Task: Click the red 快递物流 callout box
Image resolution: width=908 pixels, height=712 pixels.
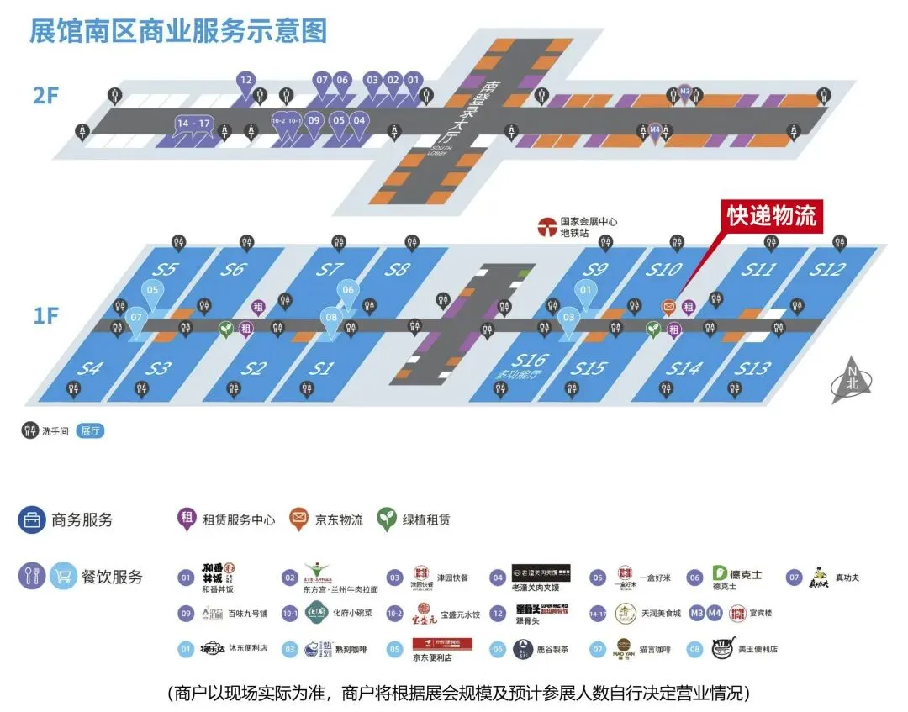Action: pyautogui.click(x=772, y=215)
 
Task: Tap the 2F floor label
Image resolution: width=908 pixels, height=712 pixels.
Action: pyautogui.click(x=46, y=95)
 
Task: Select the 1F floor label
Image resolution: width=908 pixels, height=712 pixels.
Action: pyautogui.click(x=46, y=315)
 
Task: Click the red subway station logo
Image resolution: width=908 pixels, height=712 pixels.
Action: pyautogui.click(x=547, y=226)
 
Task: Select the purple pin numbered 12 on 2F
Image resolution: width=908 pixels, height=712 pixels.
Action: pyautogui.click(x=245, y=82)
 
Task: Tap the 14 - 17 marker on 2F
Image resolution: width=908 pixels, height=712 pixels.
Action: pyautogui.click(x=193, y=124)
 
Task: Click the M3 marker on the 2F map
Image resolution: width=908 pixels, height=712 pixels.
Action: pyautogui.click(x=684, y=91)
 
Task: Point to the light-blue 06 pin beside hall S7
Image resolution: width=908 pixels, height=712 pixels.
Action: pyautogui.click(x=348, y=291)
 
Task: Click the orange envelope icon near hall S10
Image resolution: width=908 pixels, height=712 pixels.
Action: pyautogui.click(x=669, y=307)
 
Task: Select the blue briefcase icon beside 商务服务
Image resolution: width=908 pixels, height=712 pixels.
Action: pyautogui.click(x=32, y=519)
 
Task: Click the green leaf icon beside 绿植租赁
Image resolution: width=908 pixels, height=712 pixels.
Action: pyautogui.click(x=387, y=519)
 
